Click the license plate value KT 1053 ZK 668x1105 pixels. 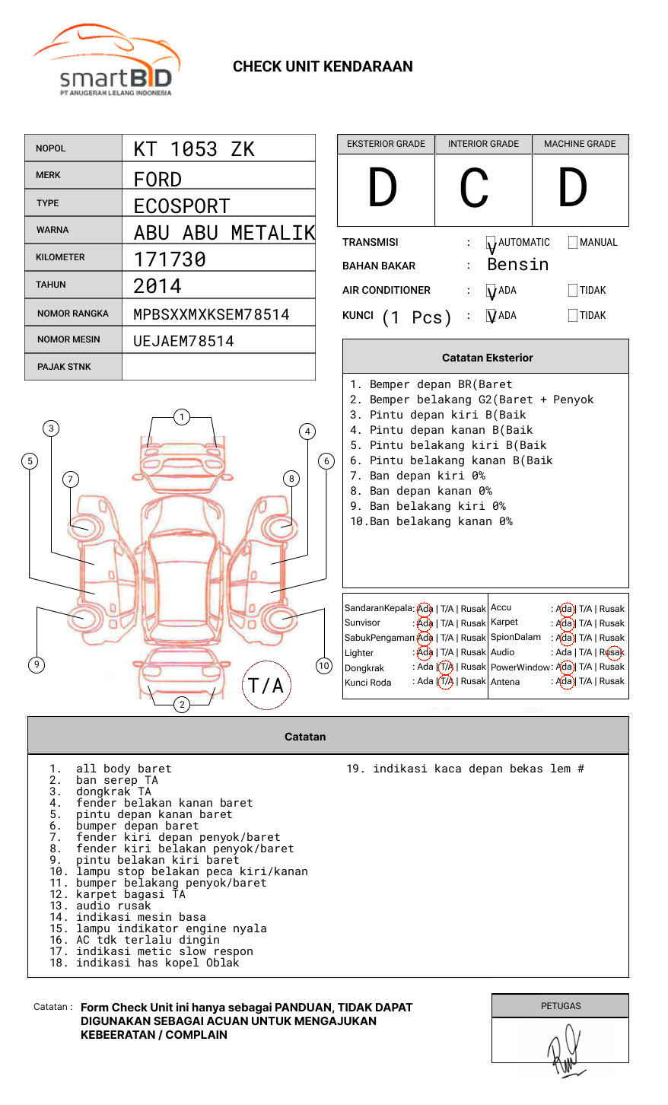point(194,149)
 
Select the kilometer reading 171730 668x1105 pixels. point(170,260)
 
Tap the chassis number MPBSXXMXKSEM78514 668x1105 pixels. point(212,314)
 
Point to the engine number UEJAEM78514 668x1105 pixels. point(183,341)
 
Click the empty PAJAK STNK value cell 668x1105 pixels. point(218,367)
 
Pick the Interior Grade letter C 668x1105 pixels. point(475,189)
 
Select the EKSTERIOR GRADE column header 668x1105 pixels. point(386,144)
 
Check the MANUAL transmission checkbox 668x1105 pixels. point(573,242)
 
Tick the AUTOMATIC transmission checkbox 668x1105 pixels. point(491,243)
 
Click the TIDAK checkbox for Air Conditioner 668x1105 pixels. point(573,290)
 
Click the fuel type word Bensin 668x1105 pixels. point(517,265)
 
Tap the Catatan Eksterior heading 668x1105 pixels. point(487,358)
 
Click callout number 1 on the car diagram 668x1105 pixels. point(181,417)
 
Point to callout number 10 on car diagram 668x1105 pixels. point(324,666)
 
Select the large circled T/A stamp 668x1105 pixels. point(266,686)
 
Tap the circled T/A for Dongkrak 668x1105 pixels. point(446,667)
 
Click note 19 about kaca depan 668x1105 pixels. point(465,769)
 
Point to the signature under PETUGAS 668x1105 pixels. point(563,1049)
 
